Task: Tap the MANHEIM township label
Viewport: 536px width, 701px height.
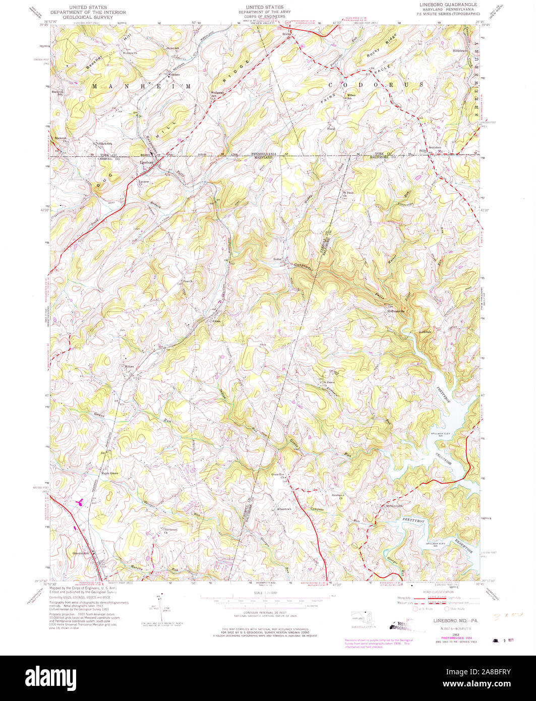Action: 142,87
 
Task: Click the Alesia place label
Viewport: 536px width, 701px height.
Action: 217,320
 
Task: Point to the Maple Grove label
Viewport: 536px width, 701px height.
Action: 109,473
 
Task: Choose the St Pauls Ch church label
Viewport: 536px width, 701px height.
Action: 348,193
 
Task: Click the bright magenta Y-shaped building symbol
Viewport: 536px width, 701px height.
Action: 79,502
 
